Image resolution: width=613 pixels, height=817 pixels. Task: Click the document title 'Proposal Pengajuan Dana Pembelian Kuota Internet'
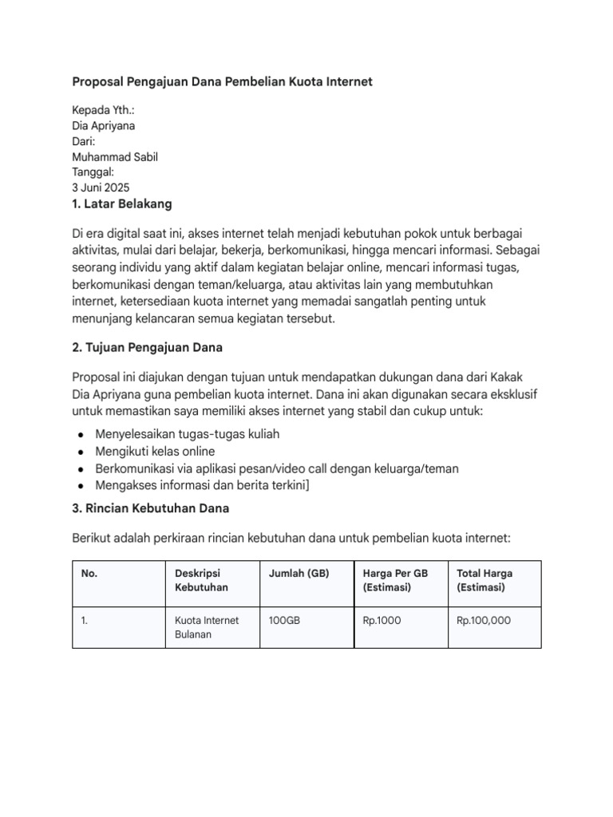tap(222, 82)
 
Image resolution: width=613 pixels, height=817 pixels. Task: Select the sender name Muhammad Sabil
tap(115, 157)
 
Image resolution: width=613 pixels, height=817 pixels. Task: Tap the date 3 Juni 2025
tap(101, 188)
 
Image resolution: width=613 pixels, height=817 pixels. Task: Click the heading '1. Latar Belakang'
tap(121, 204)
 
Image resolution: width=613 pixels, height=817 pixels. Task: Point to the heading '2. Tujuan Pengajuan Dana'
tap(147, 347)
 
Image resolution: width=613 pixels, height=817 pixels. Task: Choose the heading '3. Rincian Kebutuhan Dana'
tap(150, 508)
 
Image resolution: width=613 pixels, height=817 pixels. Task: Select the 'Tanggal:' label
tap(93, 172)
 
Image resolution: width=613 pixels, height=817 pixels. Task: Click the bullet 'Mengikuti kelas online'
tap(155, 452)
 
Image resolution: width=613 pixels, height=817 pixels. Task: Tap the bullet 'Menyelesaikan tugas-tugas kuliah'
tap(188, 435)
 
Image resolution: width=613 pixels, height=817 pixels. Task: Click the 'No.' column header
tap(89, 574)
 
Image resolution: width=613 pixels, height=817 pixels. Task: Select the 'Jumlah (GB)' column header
tap(299, 574)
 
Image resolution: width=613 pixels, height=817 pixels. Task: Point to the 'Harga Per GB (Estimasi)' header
tap(396, 580)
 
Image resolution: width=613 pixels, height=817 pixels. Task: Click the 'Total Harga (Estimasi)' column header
tap(485, 580)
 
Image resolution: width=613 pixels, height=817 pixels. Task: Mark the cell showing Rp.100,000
tap(484, 620)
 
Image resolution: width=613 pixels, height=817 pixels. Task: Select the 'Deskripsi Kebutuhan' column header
tap(201, 580)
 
